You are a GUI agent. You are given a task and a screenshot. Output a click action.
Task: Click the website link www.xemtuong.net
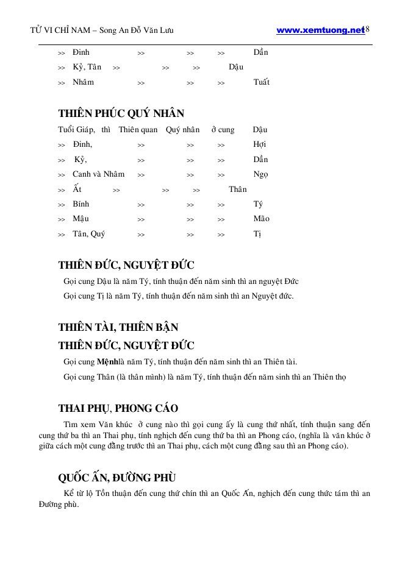point(320,30)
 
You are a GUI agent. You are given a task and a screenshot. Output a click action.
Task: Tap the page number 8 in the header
point(368,30)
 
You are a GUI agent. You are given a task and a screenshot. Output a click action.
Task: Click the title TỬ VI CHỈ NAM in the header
point(57,30)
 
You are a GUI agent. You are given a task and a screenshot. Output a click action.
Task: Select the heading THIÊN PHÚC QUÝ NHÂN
point(121,113)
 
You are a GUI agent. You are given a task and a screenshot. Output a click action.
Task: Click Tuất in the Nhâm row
point(261,82)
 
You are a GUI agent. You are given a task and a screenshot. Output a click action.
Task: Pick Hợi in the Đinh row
point(259,144)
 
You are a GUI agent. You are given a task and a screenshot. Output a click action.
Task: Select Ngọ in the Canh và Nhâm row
point(260,174)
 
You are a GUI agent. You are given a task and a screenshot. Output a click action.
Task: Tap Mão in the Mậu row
point(261,219)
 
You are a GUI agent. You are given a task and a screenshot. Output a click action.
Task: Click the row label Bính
point(81,204)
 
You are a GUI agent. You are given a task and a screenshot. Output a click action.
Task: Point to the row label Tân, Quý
point(88,233)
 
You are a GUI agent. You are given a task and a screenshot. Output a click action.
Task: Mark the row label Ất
point(77,189)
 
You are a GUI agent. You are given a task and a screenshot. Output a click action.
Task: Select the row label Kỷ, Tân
point(87,67)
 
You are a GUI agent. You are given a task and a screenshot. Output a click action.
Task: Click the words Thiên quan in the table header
point(138,130)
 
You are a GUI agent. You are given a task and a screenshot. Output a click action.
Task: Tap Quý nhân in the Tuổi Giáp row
point(182,130)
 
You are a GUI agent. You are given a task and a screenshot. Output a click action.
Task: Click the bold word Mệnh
point(108,361)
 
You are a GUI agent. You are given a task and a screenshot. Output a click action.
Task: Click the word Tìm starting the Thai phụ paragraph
point(71,424)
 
